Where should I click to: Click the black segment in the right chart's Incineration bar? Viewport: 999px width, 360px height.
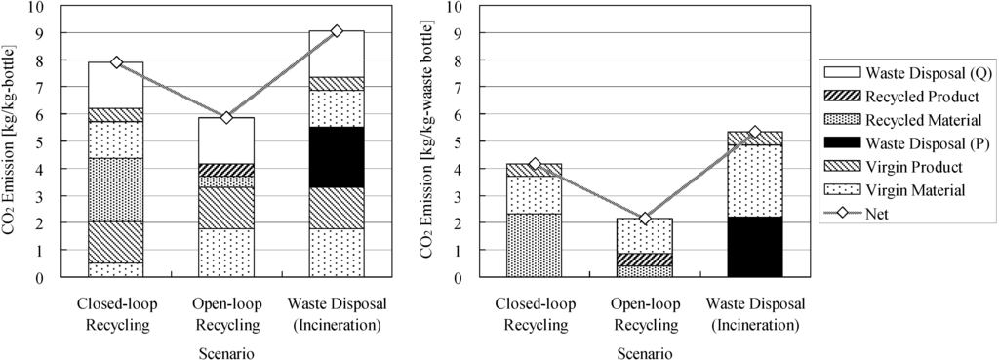755,247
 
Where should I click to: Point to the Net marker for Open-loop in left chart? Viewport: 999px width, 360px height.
227,118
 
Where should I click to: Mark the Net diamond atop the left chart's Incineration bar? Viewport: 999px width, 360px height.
337,31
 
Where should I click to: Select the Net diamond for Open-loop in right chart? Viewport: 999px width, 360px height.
644,219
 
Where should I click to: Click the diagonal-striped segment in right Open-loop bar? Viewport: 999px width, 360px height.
644,260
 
